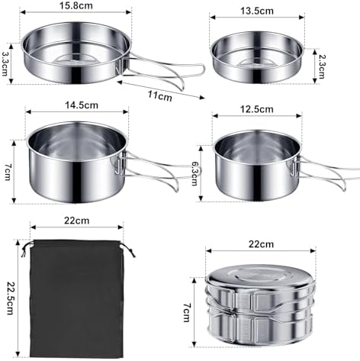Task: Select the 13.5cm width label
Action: point(256,12)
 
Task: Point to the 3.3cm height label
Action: point(6,59)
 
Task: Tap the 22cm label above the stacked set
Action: point(260,244)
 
